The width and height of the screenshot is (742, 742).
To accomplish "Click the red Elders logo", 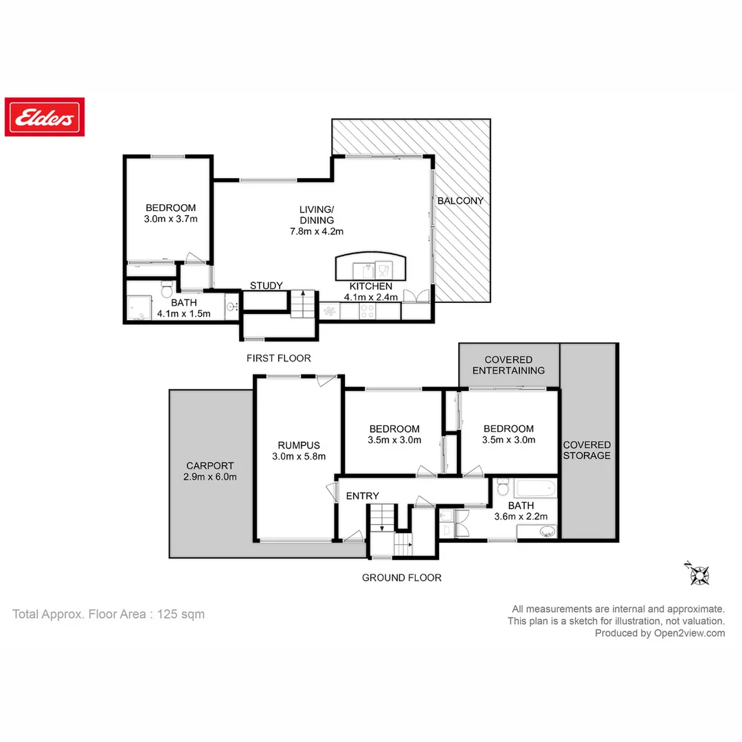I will point(45,117).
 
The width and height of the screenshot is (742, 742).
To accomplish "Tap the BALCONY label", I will point(460,201).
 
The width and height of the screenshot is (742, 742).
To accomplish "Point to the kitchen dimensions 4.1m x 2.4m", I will point(371,297).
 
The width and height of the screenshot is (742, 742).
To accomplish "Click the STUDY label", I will point(266,286).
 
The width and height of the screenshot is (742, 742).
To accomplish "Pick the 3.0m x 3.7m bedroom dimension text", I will point(170,220).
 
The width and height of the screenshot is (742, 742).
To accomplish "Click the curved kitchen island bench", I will point(370,266).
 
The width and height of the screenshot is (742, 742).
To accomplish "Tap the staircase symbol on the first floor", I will point(301,304).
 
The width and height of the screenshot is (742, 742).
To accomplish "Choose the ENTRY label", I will point(362,495).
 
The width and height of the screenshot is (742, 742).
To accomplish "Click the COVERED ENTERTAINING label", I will point(508,365).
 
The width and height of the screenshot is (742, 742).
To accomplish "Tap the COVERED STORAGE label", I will point(587,450).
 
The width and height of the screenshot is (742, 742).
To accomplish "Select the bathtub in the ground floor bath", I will point(535,489).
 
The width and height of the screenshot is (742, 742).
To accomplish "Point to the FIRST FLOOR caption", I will point(278,358).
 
